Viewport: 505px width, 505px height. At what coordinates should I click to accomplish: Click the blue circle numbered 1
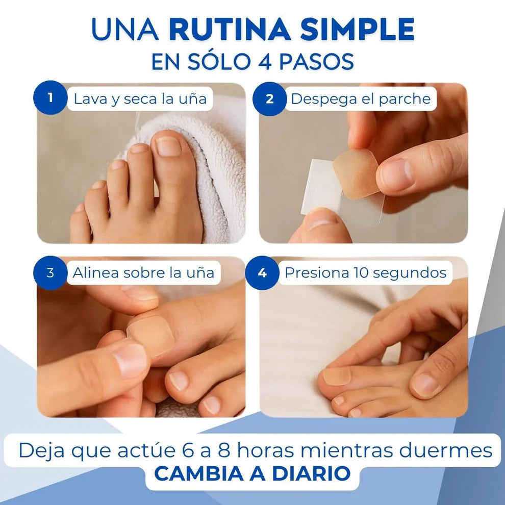pyautogui.click(x=50, y=98)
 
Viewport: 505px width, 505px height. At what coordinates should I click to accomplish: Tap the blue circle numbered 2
pyautogui.click(x=269, y=98)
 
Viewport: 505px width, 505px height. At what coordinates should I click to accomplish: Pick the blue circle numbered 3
pyautogui.click(x=50, y=273)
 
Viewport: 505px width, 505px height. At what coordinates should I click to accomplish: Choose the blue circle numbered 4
pyautogui.click(x=262, y=273)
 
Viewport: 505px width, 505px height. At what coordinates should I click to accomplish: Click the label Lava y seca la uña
pyautogui.click(x=140, y=98)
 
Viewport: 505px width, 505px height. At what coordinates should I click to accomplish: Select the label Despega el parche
pyautogui.click(x=361, y=98)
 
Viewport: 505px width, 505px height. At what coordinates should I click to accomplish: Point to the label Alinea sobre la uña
pyautogui.click(x=143, y=273)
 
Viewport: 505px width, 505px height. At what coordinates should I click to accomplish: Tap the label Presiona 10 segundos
pyautogui.click(x=365, y=273)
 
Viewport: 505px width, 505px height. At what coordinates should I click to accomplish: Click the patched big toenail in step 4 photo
pyautogui.click(x=337, y=376)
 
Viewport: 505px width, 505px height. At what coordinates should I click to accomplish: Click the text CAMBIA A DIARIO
pyautogui.click(x=252, y=473)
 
